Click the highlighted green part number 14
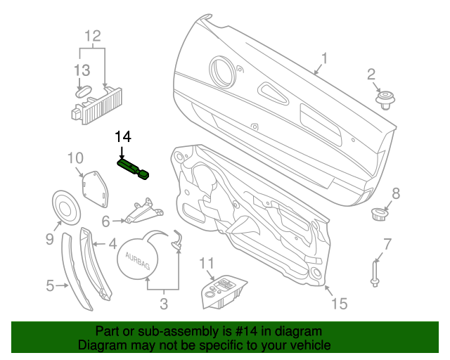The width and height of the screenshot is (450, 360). [x=133, y=168]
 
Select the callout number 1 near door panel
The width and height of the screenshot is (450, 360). [x=325, y=58]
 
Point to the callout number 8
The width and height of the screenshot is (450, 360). [x=395, y=193]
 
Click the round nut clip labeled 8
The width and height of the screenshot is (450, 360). [x=379, y=212]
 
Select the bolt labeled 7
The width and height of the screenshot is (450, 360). [x=374, y=272]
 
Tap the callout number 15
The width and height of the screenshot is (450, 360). [x=340, y=303]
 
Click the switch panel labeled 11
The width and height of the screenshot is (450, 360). [x=224, y=291]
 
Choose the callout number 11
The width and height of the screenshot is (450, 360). [x=205, y=263]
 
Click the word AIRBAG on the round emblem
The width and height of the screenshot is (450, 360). [x=138, y=261]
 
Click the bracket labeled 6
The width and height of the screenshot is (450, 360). [x=143, y=212]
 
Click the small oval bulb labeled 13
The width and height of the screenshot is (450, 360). [x=84, y=91]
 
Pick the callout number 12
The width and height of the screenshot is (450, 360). [x=93, y=35]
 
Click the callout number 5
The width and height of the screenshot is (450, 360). [x=51, y=285]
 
